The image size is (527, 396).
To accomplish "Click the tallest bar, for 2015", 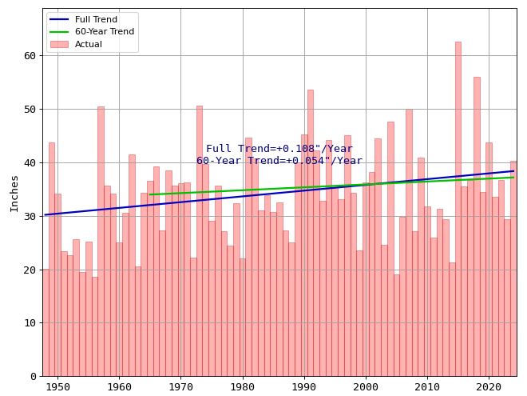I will (x=458, y=208).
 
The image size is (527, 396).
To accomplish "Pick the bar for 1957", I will (x=101, y=240).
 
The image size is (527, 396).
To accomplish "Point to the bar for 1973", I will (x=199, y=240).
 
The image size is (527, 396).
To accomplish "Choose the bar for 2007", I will (x=409, y=240).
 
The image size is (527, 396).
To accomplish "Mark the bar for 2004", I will (x=390, y=248).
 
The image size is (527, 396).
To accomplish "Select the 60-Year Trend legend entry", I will (x=104, y=32).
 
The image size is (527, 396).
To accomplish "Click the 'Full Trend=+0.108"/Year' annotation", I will (x=279, y=149).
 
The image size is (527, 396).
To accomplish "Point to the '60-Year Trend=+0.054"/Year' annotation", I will (x=279, y=161).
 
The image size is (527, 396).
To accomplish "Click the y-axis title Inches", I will (x=14, y=193).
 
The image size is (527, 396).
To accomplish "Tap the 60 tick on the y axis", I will (x=30, y=56).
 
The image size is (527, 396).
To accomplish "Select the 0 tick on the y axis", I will (x=33, y=376).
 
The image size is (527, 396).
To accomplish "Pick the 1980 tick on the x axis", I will (x=242, y=387).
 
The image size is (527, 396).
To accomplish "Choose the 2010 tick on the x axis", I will (x=427, y=387).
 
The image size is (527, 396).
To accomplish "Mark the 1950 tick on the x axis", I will (x=57, y=387).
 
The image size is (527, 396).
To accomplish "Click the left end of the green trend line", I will (x=150, y=194).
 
